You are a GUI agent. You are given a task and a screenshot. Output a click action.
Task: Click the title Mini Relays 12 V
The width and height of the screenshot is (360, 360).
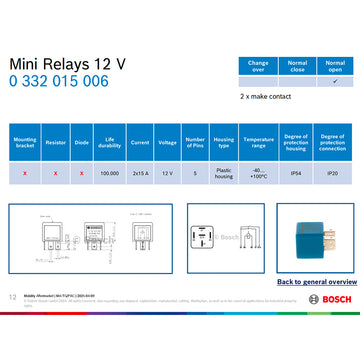pos(67,63)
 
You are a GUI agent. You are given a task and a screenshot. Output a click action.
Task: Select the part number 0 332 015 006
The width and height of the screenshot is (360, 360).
pos(59,81)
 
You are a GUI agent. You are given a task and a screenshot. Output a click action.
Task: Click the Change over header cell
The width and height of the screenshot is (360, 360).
pos(258,66)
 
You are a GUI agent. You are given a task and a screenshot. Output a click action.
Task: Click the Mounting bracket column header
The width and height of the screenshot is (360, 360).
pos(25,142)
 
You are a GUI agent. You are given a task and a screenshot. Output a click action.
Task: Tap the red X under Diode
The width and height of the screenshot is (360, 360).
pos(81,173)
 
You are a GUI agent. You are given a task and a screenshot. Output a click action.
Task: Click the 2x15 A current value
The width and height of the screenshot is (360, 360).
pos(139,173)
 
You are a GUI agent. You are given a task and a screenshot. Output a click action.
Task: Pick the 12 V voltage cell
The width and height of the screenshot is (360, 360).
pos(167,173)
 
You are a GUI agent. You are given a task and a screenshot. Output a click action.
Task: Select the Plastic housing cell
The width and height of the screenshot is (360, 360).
pos(223,173)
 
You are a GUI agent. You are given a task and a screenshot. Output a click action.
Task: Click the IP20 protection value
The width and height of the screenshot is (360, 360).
pos(333,173)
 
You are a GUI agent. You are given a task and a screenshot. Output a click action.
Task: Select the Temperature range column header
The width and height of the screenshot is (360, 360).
pos(258,142)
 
